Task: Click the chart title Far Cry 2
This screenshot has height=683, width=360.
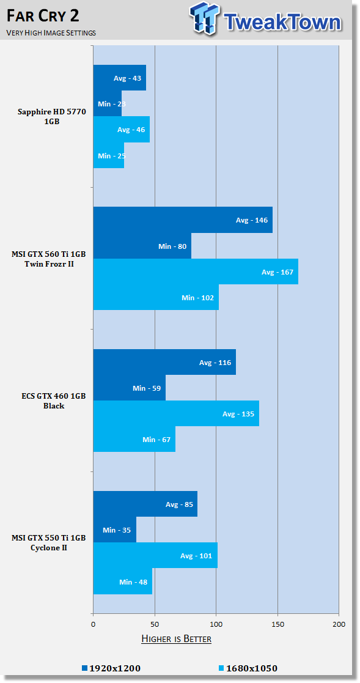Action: tap(43, 16)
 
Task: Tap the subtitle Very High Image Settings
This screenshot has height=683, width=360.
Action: tap(51, 33)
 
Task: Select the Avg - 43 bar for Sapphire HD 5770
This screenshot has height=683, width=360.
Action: tap(120, 78)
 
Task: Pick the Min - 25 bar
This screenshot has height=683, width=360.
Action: tap(109, 155)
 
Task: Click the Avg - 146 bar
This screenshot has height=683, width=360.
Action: tap(183, 220)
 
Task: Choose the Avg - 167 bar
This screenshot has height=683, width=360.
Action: tap(196, 272)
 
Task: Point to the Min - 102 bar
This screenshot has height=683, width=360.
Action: tap(156, 298)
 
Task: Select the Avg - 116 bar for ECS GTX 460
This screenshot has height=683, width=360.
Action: tap(164, 362)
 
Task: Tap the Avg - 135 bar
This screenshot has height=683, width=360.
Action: tap(176, 414)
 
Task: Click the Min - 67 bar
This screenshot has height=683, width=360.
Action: tap(134, 440)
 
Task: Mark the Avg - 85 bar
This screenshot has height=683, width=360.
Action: tap(145, 504)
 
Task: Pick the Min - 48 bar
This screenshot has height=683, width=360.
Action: tap(123, 581)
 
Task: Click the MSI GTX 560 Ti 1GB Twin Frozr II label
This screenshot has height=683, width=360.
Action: tap(49, 259)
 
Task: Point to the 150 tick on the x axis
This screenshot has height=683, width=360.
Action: tap(277, 624)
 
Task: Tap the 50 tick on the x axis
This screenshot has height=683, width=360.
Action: tap(155, 624)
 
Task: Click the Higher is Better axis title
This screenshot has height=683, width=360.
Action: tap(176, 639)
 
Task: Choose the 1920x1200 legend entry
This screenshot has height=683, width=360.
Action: tap(111, 668)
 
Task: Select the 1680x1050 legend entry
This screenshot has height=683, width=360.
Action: tap(247, 668)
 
